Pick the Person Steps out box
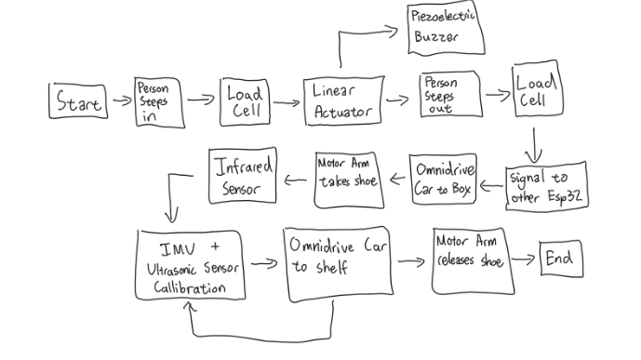tap(449, 96)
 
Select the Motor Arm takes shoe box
tap(347, 173)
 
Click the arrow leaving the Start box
tap(122, 97)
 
